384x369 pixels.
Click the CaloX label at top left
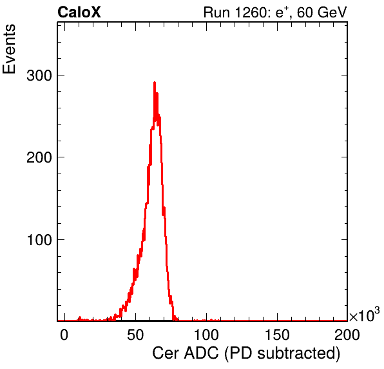click(x=79, y=12)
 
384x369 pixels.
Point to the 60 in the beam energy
click(x=305, y=12)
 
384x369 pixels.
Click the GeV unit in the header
click(x=332, y=12)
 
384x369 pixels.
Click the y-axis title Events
click(x=9, y=49)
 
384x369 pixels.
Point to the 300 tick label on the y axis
click(x=39, y=75)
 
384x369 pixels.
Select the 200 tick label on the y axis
click(x=39, y=157)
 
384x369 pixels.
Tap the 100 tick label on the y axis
click(x=39, y=239)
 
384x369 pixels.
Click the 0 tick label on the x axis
click(x=64, y=335)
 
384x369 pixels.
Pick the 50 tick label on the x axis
click(x=135, y=335)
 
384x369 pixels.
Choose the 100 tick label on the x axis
click(x=206, y=335)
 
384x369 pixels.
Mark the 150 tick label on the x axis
click(x=277, y=335)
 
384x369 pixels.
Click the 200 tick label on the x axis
click(x=347, y=335)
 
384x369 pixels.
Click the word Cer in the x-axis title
click(x=166, y=354)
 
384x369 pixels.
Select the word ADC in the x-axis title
click(x=201, y=354)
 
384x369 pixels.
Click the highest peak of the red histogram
click(x=155, y=83)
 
